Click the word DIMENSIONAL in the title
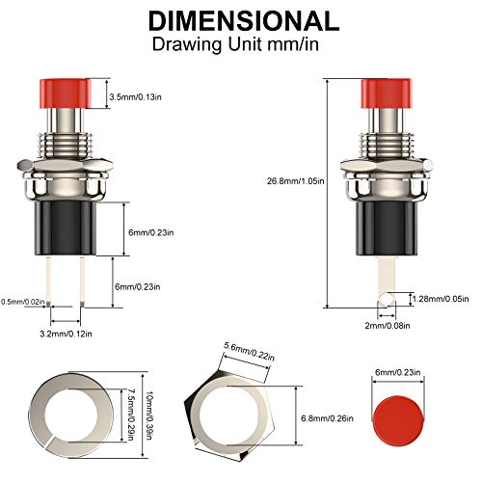click(x=244, y=21)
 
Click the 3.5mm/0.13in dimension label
click(x=135, y=96)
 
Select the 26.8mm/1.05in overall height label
click(x=296, y=181)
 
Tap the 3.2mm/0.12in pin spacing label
click(x=66, y=334)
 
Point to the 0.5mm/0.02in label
click(x=23, y=302)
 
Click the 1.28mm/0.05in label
click(x=441, y=299)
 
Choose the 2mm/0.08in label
click(x=388, y=326)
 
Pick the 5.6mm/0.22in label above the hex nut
click(x=250, y=352)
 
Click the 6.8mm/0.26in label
click(x=327, y=418)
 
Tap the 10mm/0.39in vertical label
click(x=148, y=415)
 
